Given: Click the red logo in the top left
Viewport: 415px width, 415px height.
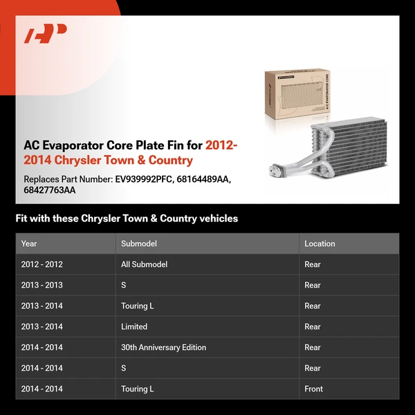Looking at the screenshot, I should (x=46, y=34).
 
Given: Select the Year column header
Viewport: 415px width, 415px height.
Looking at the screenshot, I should (x=29, y=243).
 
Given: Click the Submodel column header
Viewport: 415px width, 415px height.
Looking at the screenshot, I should (x=138, y=243).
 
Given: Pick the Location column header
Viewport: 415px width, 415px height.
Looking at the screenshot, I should (x=320, y=243).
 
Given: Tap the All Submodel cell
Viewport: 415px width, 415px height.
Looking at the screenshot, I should (x=144, y=264).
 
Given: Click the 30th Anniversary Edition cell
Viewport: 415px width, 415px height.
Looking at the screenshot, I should (x=163, y=347).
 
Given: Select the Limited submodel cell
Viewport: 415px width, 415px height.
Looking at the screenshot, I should (x=134, y=326).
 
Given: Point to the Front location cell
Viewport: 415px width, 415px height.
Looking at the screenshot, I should (x=313, y=389).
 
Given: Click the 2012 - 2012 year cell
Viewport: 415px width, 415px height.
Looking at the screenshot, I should (x=41, y=264).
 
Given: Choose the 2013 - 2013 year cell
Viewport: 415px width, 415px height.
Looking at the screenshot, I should (x=41, y=285).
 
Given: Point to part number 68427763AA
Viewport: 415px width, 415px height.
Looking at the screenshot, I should (x=50, y=190).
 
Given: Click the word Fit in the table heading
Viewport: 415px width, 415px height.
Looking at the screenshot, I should (x=21, y=219).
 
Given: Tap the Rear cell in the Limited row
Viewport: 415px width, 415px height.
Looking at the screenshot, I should (x=313, y=326).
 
